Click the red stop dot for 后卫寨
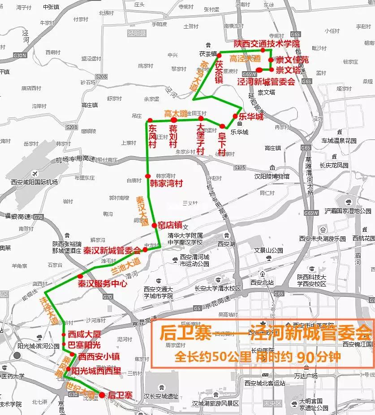102,395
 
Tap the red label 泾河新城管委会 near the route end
266,81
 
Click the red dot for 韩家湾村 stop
147,176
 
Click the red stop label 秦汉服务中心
103,284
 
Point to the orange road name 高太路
176,114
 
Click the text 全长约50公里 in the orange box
214,357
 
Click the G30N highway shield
20,56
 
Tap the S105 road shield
240,167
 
